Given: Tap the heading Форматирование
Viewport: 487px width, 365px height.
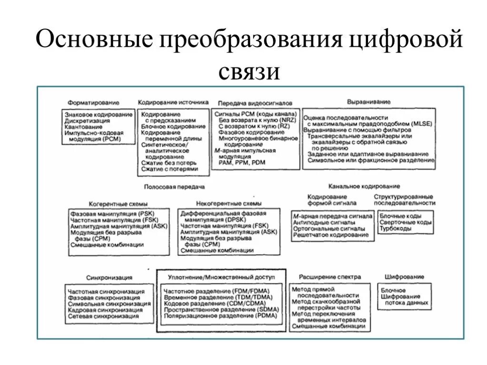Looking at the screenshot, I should click(93, 102).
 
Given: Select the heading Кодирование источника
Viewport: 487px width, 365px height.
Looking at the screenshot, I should click(173, 102).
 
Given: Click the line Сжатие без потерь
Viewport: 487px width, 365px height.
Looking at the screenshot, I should click(165, 163).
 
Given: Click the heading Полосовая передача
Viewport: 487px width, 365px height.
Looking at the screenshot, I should click(174, 187).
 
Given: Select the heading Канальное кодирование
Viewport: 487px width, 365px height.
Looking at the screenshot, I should click(364, 186).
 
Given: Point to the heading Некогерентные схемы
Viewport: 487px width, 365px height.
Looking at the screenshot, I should click(223, 203).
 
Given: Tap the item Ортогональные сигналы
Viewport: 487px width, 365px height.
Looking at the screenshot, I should click(323, 229).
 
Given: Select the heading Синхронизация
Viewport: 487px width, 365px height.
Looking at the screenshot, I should click(109, 277).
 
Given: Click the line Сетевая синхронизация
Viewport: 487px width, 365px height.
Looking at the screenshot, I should click(103, 316).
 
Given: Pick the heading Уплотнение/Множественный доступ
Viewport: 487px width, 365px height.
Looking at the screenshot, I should click(222, 277).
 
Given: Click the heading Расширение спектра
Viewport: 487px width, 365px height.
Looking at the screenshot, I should click(330, 277).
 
